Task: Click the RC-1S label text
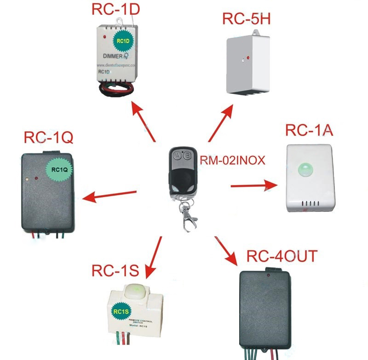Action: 115,270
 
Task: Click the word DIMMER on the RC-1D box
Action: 112,57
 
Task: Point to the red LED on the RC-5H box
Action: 247,58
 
